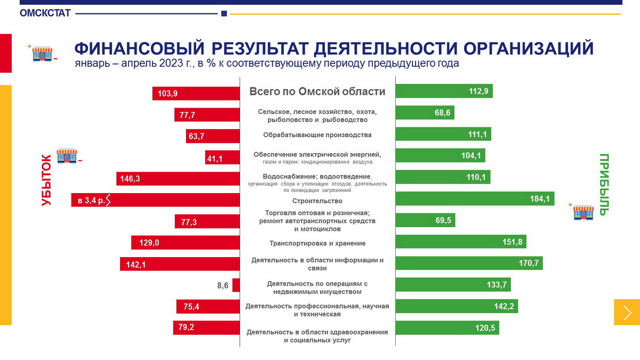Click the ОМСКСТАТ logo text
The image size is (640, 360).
click(45, 13)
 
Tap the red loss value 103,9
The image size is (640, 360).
click(168, 94)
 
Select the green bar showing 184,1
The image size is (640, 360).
click(475, 199)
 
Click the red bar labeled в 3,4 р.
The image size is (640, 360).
click(155, 201)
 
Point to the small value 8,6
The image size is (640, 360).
click(222, 286)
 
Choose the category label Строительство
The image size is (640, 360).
click(317, 201)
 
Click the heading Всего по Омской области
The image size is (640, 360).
click(317, 92)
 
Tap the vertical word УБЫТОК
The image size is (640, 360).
click(46, 180)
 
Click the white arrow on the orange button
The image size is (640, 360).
click(627, 312)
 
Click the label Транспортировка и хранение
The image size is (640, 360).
click(317, 243)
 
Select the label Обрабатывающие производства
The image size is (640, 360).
click(317, 134)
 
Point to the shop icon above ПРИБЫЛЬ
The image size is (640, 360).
click(583, 212)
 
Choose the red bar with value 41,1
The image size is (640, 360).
click(222, 158)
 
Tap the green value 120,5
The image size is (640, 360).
click(485, 328)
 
